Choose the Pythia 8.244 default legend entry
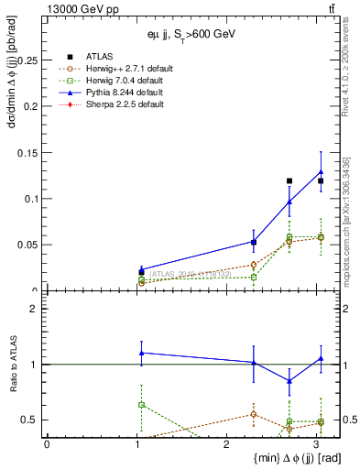click(124, 93)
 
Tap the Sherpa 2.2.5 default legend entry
click(124, 104)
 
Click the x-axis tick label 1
click(137, 444)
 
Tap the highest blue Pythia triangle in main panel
click(321, 171)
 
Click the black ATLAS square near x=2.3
click(254, 243)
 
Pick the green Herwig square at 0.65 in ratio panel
click(141, 404)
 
